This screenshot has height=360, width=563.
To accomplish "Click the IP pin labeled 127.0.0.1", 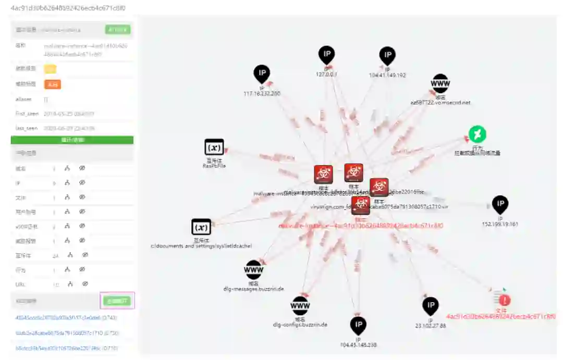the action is (x=326, y=54).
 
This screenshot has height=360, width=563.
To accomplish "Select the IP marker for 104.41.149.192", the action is (x=387, y=55).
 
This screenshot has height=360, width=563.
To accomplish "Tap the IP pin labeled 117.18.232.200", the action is (x=262, y=73).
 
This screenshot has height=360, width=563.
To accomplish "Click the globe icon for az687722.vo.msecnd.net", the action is (x=440, y=83).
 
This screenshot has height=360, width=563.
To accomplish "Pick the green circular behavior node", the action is (x=477, y=134).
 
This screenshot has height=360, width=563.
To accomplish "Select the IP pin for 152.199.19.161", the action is (x=500, y=204).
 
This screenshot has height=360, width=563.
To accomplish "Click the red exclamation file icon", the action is (x=504, y=300).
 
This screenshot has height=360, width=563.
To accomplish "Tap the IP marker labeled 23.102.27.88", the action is (x=431, y=306).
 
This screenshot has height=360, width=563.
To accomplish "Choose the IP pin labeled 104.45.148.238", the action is (x=358, y=325).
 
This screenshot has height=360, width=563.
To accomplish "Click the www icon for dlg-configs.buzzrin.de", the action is (x=300, y=305).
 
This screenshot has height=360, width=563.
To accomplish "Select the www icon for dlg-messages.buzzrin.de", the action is (x=253, y=269).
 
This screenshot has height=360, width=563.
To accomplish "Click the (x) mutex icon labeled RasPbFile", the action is (x=214, y=147).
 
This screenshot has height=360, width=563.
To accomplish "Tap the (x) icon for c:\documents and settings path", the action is (x=201, y=227).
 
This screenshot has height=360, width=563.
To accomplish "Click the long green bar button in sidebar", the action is (x=72, y=140).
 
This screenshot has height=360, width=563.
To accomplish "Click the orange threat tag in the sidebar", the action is (x=52, y=84).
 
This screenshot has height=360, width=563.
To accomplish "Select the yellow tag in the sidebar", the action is (x=50, y=69).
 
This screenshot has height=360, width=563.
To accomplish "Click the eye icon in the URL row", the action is (x=85, y=284).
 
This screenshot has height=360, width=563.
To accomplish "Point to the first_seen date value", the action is (x=69, y=114).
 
